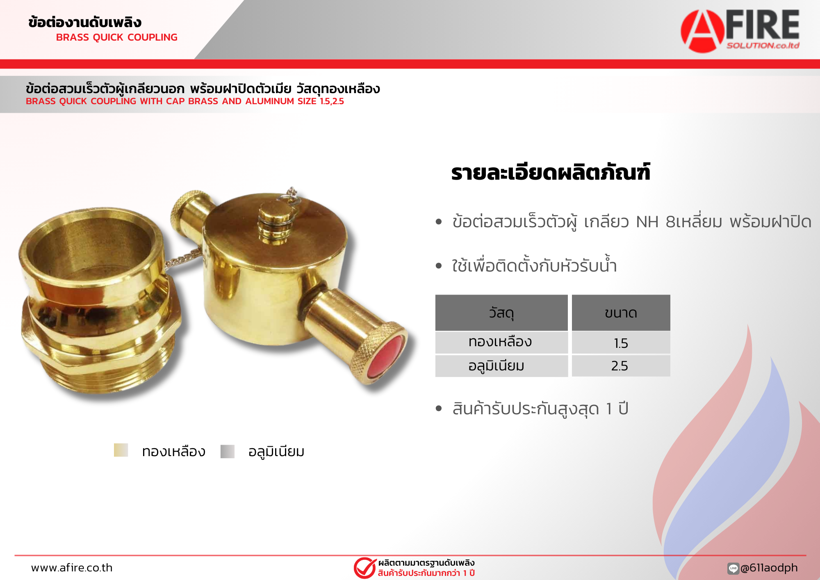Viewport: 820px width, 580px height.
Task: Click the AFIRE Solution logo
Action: click(740, 31)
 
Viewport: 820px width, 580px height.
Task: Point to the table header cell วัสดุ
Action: click(501, 313)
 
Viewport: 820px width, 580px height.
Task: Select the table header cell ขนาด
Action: click(621, 313)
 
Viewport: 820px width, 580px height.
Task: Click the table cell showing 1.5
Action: click(621, 343)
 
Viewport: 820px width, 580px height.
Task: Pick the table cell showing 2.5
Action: click(621, 365)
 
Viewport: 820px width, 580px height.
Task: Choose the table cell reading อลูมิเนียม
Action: click(501, 365)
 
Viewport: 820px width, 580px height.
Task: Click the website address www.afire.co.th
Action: click(72, 568)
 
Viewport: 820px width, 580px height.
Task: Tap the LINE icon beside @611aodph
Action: click(733, 568)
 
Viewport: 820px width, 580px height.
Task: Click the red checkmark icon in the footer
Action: click(365, 568)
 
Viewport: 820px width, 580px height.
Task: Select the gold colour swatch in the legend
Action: click(121, 450)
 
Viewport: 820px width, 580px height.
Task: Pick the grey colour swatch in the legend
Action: click(228, 451)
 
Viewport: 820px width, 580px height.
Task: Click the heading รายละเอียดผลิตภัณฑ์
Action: click(551, 172)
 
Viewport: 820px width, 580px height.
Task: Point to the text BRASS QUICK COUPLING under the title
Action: click(117, 37)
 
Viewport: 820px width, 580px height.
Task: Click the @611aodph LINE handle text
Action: click(769, 568)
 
